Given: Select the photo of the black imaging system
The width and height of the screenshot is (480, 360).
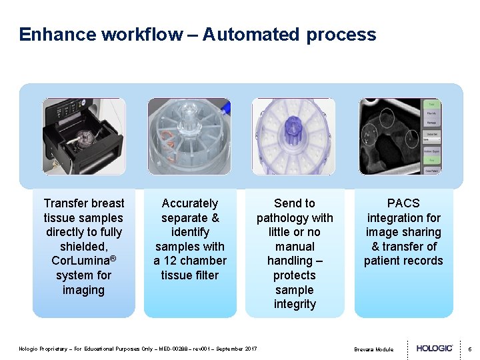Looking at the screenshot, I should (84, 137).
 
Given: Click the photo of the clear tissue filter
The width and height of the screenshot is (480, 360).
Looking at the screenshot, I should (189, 137).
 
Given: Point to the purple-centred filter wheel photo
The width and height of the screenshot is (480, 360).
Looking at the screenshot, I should (294, 137).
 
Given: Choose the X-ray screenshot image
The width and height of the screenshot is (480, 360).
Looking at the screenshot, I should (400, 137).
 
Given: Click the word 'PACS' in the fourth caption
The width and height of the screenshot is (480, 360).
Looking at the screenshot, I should (403, 203).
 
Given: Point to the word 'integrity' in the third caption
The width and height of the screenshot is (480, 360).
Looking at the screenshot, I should (295, 304).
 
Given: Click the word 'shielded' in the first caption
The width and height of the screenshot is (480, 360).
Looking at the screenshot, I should (84, 247).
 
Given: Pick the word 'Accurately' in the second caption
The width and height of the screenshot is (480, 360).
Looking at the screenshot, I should (190, 203).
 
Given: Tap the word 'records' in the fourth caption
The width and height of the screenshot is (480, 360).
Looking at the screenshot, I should (422, 261).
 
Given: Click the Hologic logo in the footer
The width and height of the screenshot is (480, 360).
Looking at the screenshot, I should (435, 348).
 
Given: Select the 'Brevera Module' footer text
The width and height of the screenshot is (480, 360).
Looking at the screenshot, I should (373, 349).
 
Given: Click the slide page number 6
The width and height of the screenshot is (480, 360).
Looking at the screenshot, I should (469, 349).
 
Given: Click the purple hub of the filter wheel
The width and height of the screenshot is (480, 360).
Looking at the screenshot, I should (294, 127).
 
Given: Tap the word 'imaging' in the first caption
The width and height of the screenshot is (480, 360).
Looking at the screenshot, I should (84, 290).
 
